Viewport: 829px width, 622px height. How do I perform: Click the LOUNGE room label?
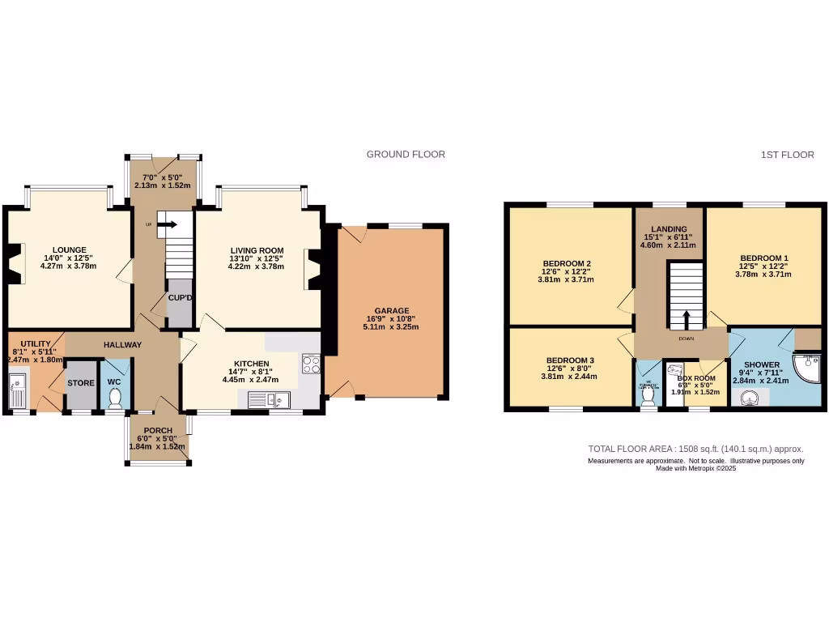[x=70, y=249]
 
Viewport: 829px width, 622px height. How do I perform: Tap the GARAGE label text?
[x=392, y=310]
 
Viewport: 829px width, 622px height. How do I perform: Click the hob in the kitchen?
[x=311, y=364]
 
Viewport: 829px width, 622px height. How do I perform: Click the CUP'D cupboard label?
[x=180, y=298]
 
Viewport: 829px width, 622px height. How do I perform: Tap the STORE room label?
[x=80, y=383]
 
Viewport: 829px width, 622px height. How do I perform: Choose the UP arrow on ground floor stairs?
[x=167, y=224]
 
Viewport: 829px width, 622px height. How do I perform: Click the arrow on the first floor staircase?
[x=686, y=319]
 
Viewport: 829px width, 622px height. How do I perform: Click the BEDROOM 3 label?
[x=570, y=360]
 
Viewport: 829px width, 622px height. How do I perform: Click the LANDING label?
[x=669, y=229]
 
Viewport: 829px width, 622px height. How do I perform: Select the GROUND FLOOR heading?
[x=406, y=155]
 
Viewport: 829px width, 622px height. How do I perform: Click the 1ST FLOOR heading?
[x=787, y=155]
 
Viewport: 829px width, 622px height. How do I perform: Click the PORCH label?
[x=159, y=430]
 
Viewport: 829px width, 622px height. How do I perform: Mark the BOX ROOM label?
[x=696, y=378]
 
